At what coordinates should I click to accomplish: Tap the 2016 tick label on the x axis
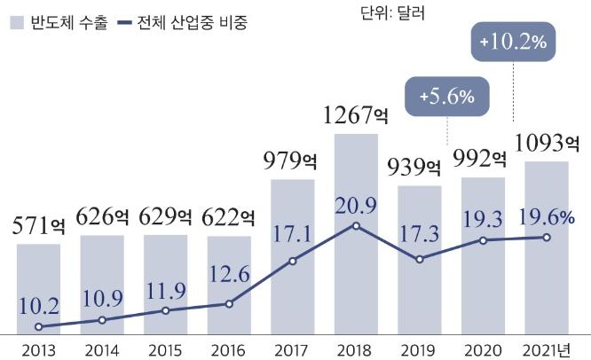point(229,348)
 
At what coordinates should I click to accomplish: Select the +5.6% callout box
point(445,95)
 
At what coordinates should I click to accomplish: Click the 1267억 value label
point(356,116)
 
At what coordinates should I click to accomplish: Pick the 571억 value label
point(39,226)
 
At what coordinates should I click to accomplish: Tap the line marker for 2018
point(356,226)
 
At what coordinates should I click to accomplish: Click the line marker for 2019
point(420,259)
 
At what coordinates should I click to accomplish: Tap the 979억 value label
point(293,161)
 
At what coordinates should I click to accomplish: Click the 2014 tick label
point(102,348)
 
